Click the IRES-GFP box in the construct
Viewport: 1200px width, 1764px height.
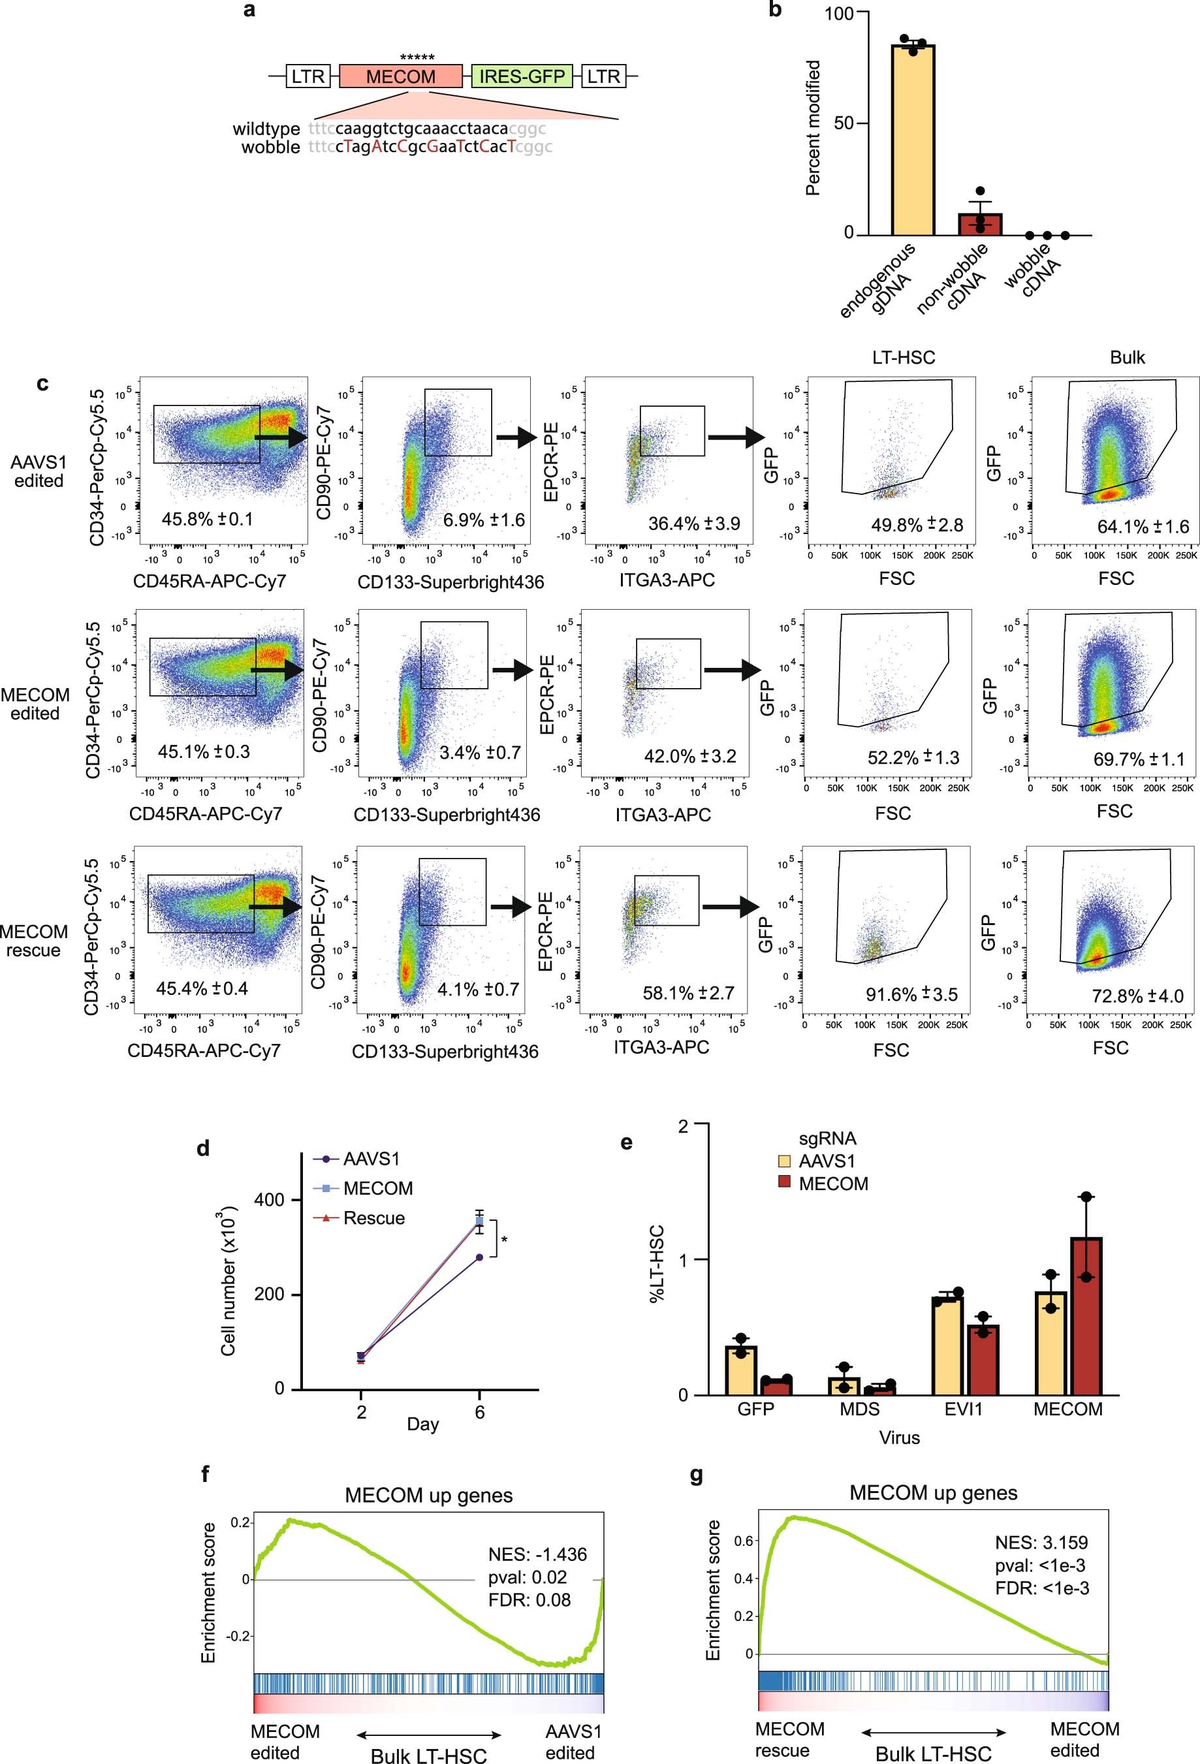pos(522,76)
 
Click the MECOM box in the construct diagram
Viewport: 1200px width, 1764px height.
pos(401,76)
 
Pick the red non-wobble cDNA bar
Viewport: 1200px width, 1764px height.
pos(980,224)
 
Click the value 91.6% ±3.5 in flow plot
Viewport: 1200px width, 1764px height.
pos(911,994)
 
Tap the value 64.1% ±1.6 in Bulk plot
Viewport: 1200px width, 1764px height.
pos(1143,527)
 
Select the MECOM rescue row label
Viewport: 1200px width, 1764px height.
pos(33,941)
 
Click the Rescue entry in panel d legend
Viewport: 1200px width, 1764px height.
pos(373,1218)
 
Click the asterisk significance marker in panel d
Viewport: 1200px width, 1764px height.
pos(505,1240)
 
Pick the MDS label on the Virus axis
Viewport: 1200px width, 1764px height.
pos(859,1410)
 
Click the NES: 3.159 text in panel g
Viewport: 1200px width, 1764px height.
pos(1041,1543)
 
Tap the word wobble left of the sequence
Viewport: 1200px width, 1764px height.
pos(270,148)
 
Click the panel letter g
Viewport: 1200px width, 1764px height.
pos(696,1475)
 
